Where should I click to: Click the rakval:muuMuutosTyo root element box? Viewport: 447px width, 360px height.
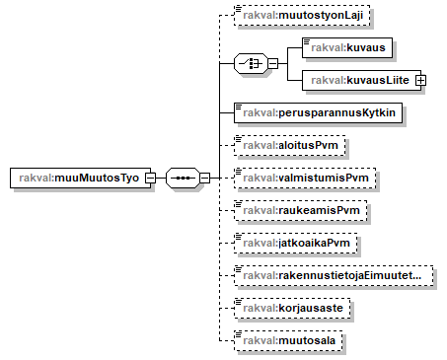pyautogui.click(x=79, y=179)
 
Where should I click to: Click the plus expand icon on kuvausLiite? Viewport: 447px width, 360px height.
pyautogui.click(x=420, y=79)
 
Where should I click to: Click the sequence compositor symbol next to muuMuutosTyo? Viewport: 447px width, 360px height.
pyautogui.click(x=183, y=179)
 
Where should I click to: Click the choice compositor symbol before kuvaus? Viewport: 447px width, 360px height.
pyautogui.click(x=250, y=63)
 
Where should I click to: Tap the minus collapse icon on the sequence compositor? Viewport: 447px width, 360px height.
pyautogui.click(x=204, y=179)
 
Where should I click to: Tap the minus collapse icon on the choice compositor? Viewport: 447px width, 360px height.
pyautogui.click(x=271, y=63)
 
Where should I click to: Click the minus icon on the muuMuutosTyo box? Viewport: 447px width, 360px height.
pyautogui.click(x=151, y=179)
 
